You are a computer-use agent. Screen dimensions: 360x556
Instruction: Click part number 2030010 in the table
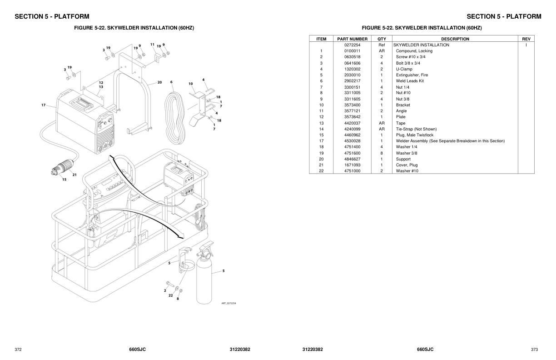click(x=352, y=75)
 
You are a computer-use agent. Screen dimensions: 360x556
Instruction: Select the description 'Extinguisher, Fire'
click(x=412, y=75)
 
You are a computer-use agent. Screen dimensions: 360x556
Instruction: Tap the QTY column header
click(x=382, y=39)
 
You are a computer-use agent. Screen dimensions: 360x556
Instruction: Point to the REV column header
click(x=526, y=39)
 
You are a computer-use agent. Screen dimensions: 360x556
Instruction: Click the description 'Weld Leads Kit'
click(x=409, y=81)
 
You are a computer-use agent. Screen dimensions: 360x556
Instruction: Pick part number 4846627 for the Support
click(x=352, y=159)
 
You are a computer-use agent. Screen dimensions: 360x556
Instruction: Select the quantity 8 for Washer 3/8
click(x=382, y=153)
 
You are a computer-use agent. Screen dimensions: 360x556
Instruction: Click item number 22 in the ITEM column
click(x=321, y=171)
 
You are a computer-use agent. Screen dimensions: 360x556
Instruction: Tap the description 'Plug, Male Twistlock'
click(x=414, y=135)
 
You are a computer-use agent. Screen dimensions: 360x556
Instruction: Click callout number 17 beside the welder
click(x=44, y=105)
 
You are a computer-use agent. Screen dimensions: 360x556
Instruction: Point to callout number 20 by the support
click(x=159, y=82)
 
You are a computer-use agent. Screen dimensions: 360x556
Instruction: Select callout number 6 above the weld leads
click(x=171, y=82)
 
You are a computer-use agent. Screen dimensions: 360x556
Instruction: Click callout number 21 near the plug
click(x=74, y=175)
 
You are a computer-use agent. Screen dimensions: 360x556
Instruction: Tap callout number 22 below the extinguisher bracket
click(x=170, y=295)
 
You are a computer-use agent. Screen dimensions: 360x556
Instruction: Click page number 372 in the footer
click(x=18, y=350)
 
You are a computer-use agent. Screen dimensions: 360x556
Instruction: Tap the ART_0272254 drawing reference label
click(x=228, y=303)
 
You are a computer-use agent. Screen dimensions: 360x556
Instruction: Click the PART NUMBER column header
click(x=352, y=39)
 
